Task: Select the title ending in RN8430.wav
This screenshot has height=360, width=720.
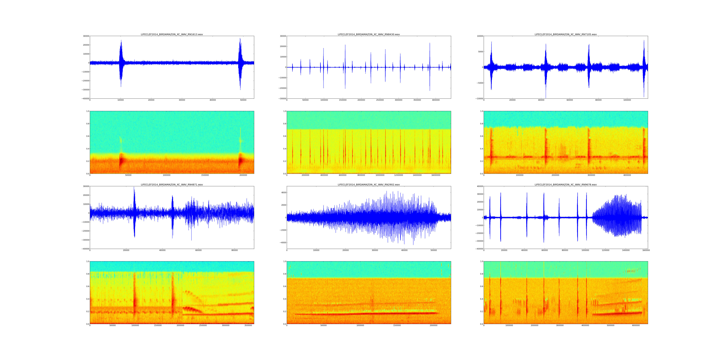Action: click(369, 34)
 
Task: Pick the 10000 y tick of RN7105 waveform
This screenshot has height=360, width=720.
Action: click(480, 36)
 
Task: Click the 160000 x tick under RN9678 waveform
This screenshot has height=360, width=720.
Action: click(646, 250)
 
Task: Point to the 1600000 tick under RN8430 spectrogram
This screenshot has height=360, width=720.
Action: click(436, 175)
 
